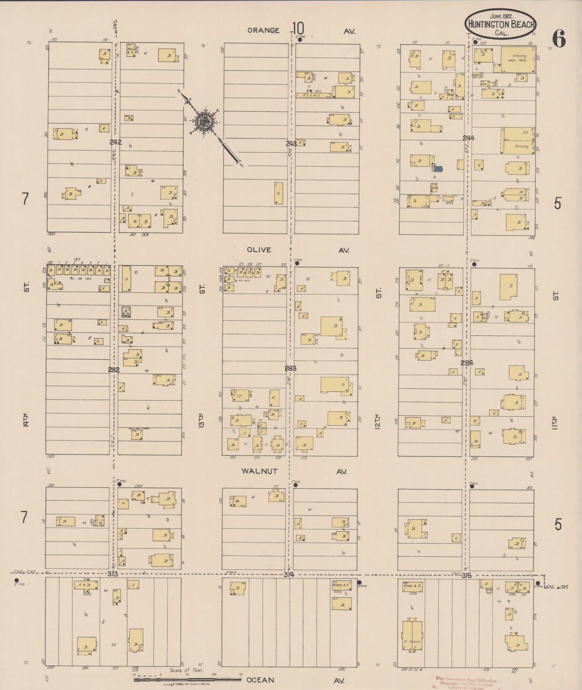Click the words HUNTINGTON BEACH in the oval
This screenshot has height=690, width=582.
click(501, 24)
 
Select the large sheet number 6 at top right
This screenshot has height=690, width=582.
click(559, 39)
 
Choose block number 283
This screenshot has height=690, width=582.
click(290, 368)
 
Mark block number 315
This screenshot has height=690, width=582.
click(466, 576)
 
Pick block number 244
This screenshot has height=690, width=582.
click(468, 138)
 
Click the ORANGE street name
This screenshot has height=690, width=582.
click(263, 30)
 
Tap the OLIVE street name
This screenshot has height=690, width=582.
click(259, 250)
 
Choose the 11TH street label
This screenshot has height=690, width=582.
click(556, 422)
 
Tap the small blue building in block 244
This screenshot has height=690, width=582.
click(438, 169)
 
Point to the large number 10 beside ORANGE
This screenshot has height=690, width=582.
click(298, 29)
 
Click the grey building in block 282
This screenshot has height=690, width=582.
click(126, 312)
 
